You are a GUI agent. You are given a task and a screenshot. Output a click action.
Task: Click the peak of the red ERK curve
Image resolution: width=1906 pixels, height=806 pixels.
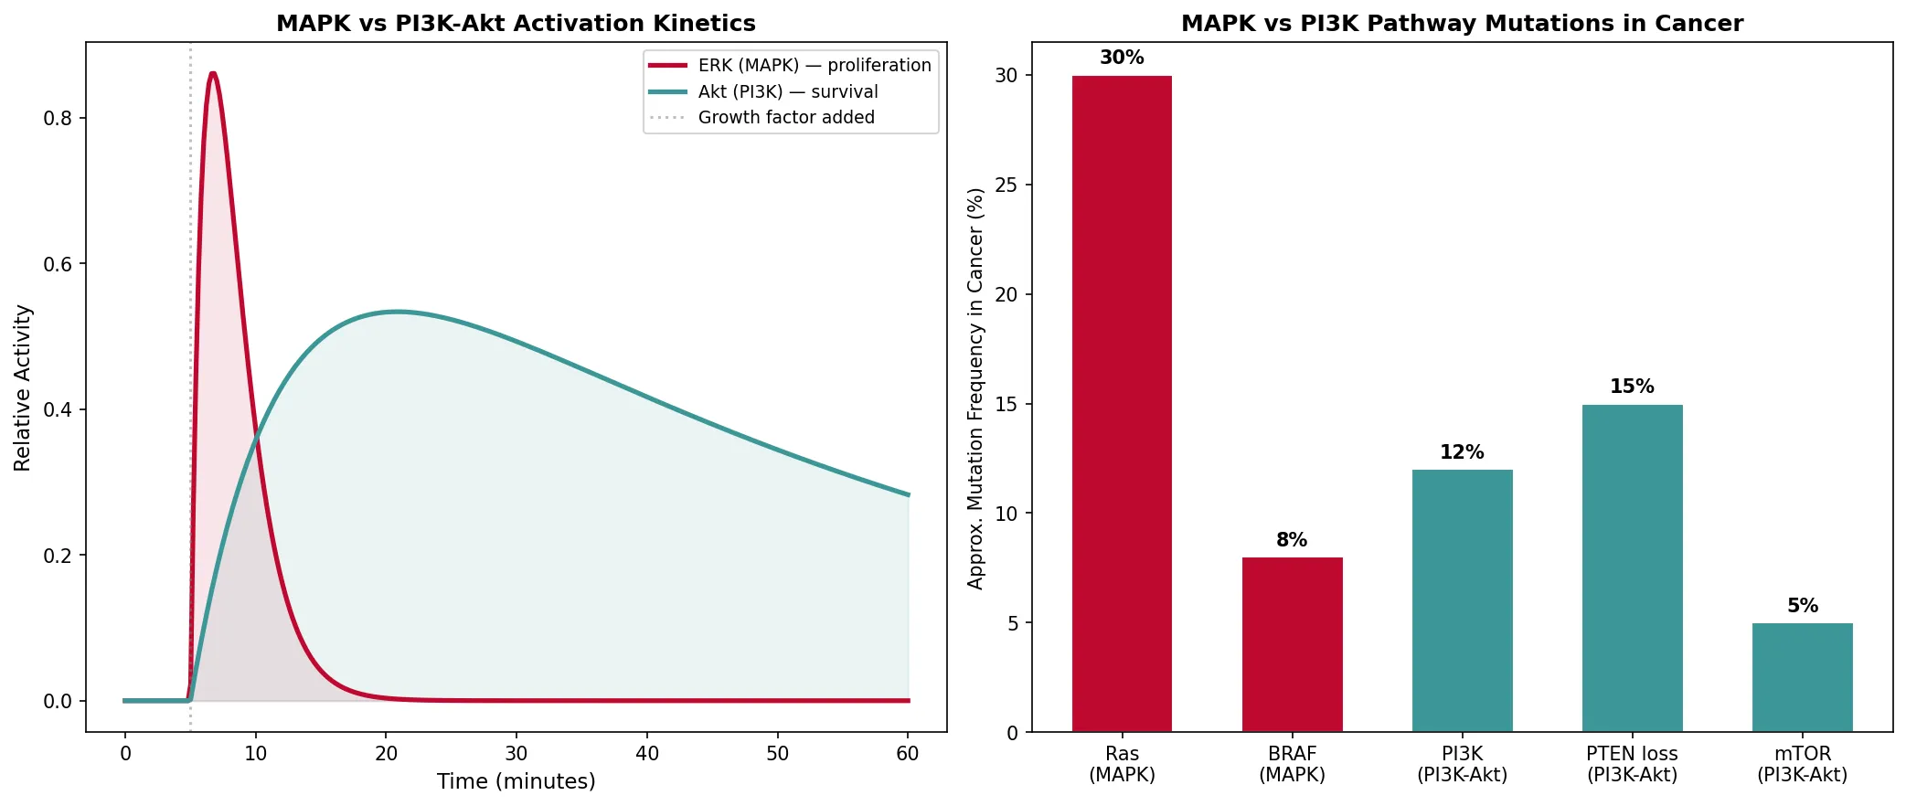[213, 73]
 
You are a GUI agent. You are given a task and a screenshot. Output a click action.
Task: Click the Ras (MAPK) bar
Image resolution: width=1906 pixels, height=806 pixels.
[1122, 402]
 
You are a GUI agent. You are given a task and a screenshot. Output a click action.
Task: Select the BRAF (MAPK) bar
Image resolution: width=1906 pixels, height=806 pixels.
[1292, 644]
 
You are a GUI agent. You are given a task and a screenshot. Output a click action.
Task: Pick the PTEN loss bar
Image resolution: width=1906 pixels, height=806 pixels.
[1632, 567]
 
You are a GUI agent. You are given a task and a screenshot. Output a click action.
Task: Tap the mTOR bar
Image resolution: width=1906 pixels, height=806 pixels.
[1802, 677]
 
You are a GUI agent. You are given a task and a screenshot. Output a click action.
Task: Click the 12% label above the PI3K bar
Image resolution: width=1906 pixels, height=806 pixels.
[1462, 452]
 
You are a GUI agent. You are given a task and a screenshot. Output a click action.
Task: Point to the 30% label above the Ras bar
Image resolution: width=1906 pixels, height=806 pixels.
[1122, 58]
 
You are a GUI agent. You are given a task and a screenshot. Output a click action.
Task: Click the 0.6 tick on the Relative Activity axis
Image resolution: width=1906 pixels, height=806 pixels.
[58, 264]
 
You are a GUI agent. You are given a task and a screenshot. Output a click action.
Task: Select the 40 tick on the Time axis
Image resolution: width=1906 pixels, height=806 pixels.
[646, 754]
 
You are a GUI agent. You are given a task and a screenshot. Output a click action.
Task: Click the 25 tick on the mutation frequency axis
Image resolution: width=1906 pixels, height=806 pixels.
[1006, 186]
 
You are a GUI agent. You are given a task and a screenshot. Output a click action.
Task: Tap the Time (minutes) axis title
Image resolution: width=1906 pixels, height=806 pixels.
[516, 781]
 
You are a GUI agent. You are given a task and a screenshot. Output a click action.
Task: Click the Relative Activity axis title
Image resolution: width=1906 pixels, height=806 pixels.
[23, 387]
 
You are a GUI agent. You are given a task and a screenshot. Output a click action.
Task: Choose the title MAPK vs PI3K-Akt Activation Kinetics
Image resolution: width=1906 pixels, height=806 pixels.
[516, 23]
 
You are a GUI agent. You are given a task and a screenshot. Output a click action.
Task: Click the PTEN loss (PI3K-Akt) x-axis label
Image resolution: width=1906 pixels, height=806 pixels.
[1632, 764]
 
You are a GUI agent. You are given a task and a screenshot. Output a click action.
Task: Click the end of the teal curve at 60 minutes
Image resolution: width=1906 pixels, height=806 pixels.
[908, 494]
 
